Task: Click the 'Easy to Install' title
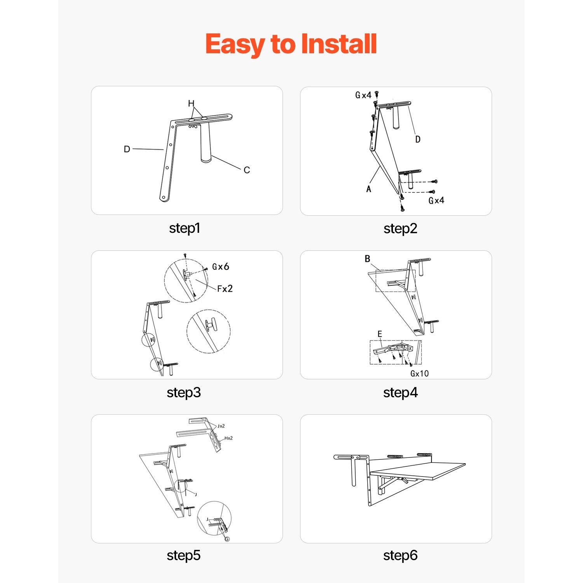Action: (x=291, y=44)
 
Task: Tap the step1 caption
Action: (x=185, y=228)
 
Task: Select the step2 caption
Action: (x=400, y=229)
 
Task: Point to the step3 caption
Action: (x=184, y=393)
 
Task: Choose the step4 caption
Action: (x=400, y=393)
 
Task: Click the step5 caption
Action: (x=183, y=555)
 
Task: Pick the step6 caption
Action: (x=400, y=555)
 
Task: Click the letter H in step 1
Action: (x=191, y=103)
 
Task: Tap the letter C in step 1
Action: (x=247, y=170)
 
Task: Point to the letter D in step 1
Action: (x=127, y=149)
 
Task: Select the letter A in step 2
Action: (x=369, y=189)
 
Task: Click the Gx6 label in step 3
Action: (x=220, y=267)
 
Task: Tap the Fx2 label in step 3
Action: (x=225, y=288)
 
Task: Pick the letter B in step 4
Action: (x=367, y=259)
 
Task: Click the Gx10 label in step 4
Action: (x=420, y=374)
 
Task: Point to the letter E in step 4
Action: (x=380, y=334)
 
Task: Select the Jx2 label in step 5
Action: (x=221, y=426)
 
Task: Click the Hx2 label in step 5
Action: (x=229, y=438)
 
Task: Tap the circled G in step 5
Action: (x=227, y=539)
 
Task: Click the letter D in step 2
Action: (x=418, y=139)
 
